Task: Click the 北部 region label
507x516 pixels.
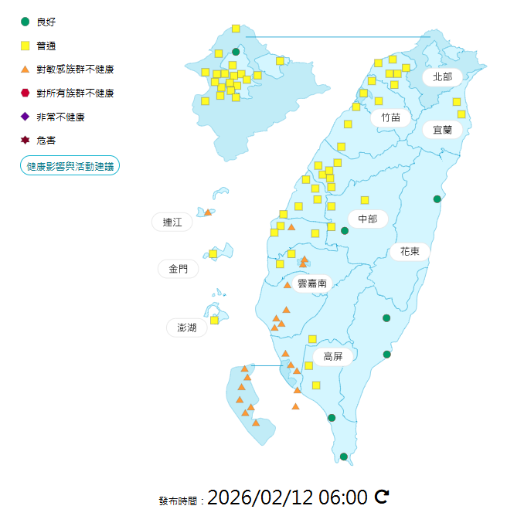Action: coord(442,76)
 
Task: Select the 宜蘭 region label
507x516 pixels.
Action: coord(442,130)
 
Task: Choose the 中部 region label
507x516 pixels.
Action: coord(367,219)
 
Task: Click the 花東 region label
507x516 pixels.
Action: coord(410,252)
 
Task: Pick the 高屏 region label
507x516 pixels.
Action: coord(333,356)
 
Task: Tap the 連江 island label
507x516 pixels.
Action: coord(172,222)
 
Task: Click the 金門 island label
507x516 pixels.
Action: coord(178,269)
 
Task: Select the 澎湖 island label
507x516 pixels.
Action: coord(186,328)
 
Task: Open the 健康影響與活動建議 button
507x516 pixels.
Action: coord(70,165)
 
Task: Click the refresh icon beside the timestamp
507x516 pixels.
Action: coord(382,497)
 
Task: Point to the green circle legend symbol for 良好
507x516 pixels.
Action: coord(26,22)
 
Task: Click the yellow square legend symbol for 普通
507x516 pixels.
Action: coord(26,46)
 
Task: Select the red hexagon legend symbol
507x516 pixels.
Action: coord(26,93)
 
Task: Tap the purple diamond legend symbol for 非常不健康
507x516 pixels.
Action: coord(26,117)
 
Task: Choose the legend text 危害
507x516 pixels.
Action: coord(46,141)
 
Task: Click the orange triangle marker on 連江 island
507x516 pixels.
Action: coord(208,212)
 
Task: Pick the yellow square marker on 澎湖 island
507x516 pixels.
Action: coord(215,320)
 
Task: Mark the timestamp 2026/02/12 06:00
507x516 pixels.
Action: coord(287,497)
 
